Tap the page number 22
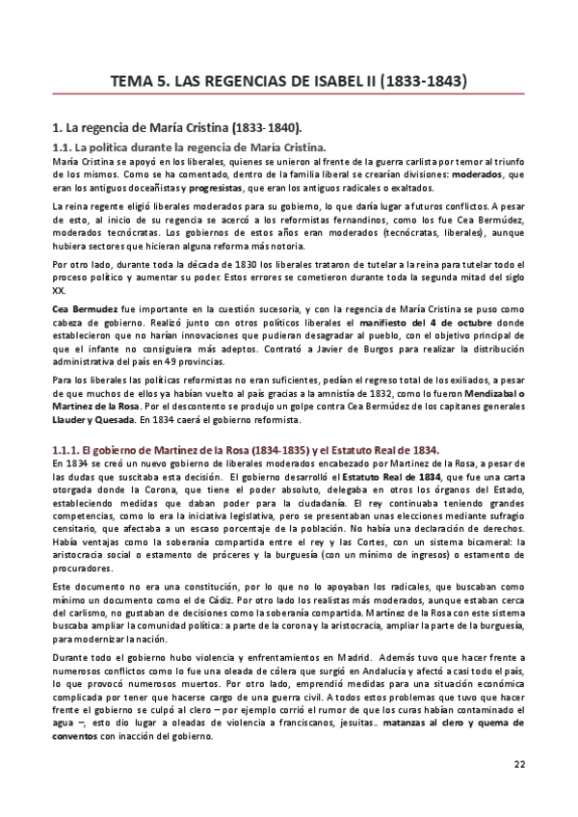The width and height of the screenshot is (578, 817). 519,765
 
